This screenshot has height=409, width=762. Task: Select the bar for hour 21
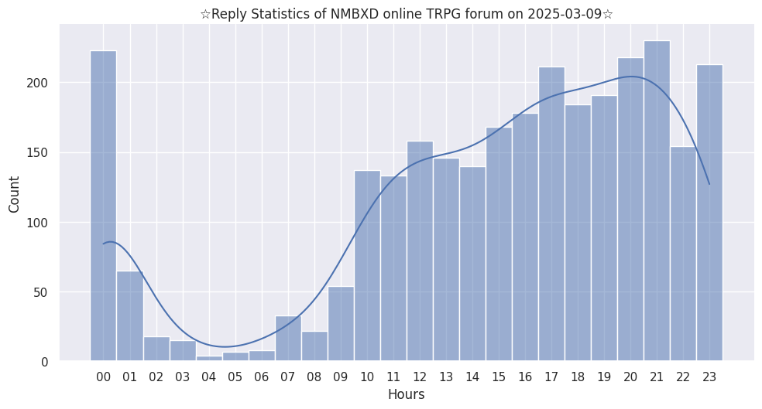[657, 201]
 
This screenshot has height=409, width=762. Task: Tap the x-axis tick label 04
[208, 377]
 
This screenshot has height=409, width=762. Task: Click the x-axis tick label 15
[499, 377]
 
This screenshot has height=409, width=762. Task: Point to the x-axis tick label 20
[630, 377]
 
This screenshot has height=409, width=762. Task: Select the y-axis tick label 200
[40, 84]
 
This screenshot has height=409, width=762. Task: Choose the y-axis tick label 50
[43, 292]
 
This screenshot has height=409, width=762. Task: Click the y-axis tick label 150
[40, 153]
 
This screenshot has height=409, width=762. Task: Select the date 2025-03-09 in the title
[565, 15]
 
